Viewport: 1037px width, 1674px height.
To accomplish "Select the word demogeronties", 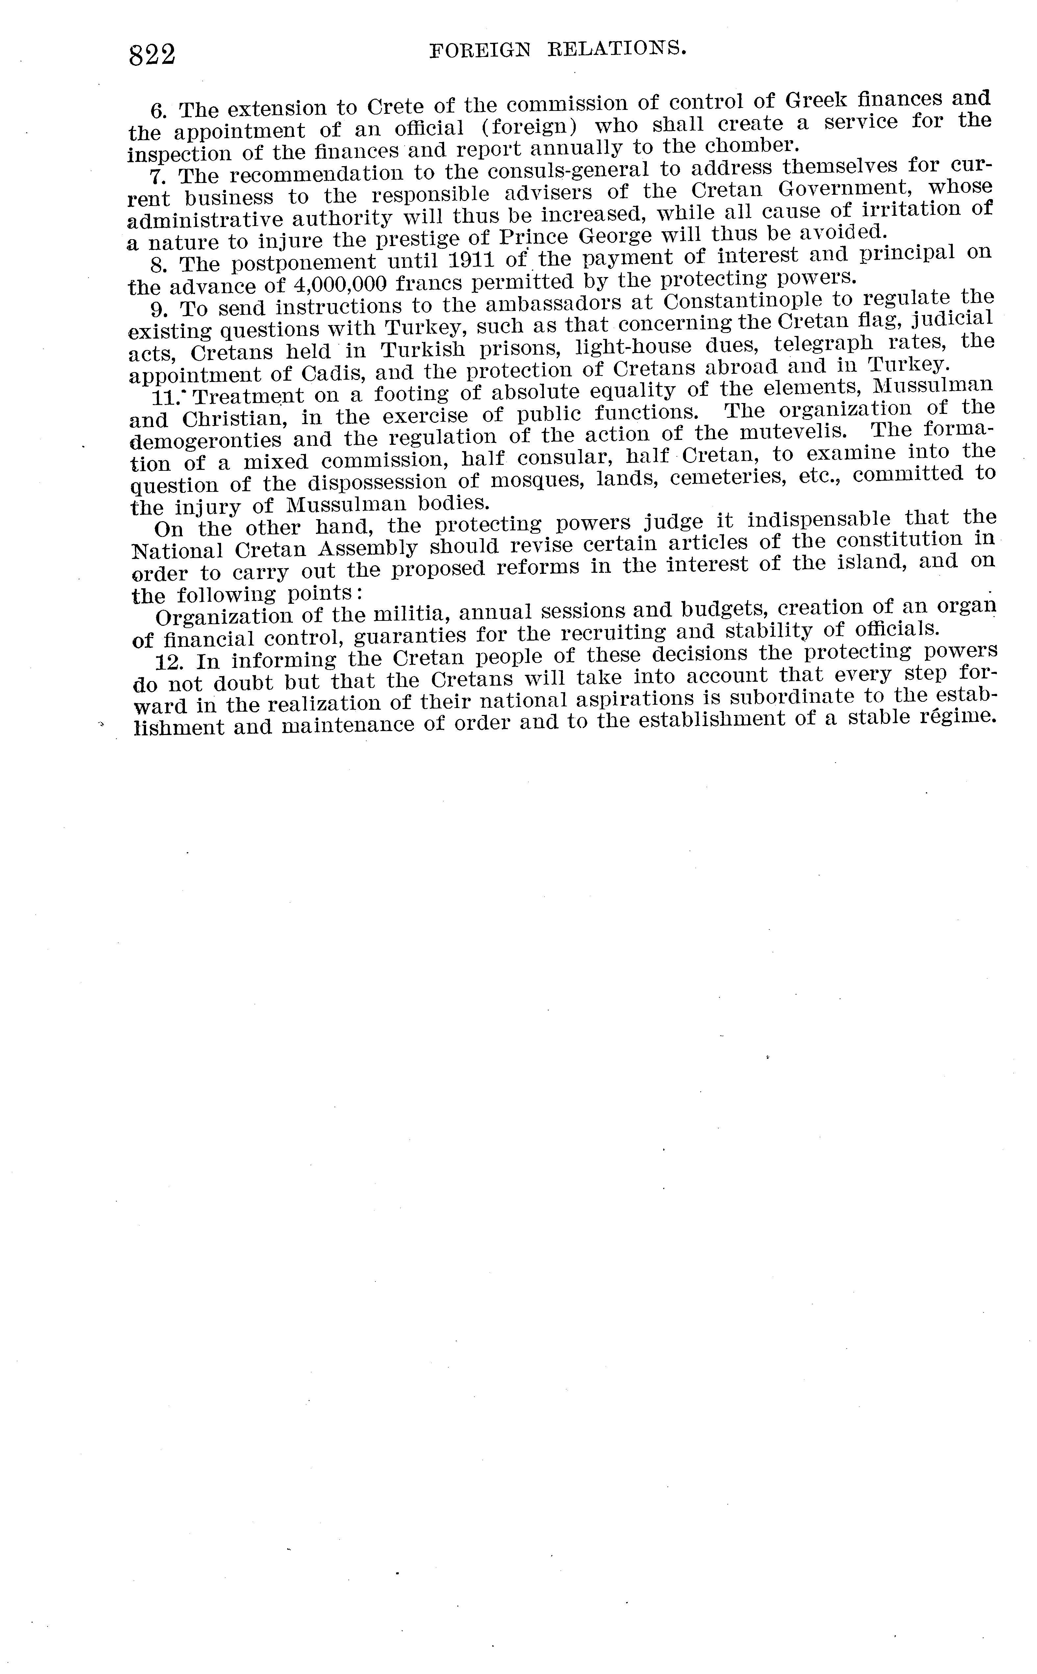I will (206, 440).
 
